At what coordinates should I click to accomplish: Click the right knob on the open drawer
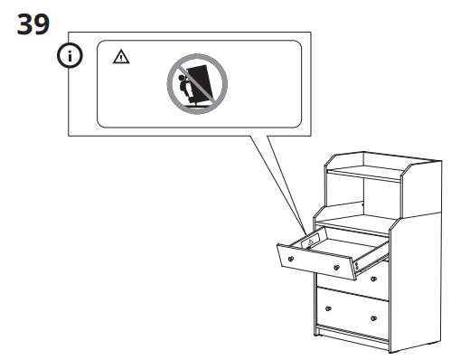coord(336,268)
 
